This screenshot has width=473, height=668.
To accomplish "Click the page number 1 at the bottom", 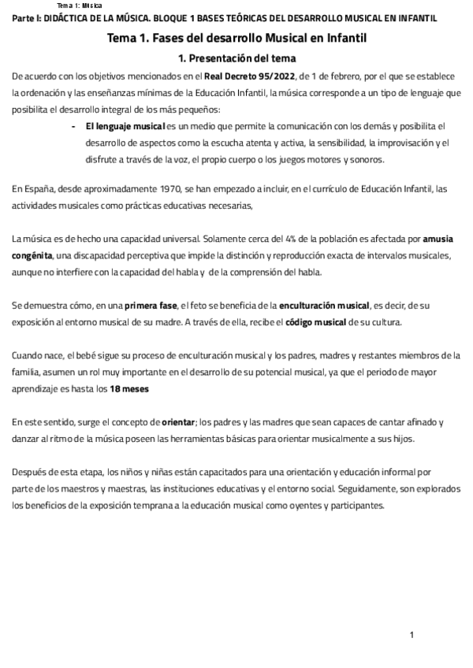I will pyautogui.click(x=412, y=635).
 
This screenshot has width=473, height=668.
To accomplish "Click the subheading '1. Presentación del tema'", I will pyautogui.click(x=236, y=58).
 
